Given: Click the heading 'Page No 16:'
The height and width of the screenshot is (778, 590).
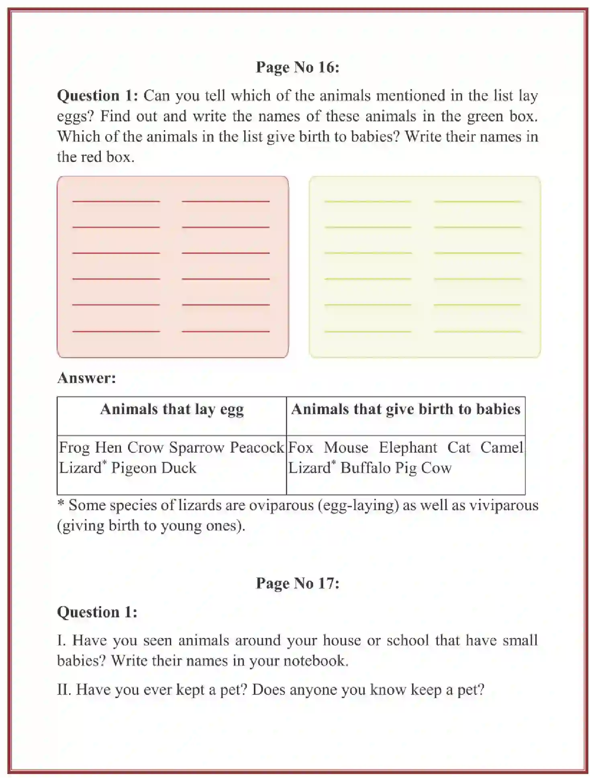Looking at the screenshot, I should pyautogui.click(x=298, y=67).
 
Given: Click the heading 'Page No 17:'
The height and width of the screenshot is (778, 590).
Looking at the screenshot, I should pyautogui.click(x=298, y=583).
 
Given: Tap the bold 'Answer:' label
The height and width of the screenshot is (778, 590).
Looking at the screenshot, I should pyautogui.click(x=87, y=378).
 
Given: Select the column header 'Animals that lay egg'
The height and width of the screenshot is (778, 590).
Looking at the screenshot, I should pyautogui.click(x=172, y=409).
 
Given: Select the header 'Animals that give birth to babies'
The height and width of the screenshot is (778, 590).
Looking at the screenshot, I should pyautogui.click(x=406, y=409).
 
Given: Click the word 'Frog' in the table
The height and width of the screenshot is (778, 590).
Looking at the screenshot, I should pyautogui.click(x=74, y=447).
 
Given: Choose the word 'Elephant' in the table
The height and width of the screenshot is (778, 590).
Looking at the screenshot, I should pyautogui.click(x=408, y=447).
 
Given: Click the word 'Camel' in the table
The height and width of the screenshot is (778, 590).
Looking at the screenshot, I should pyautogui.click(x=502, y=447).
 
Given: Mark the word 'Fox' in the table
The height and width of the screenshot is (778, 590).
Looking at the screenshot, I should pyautogui.click(x=300, y=447).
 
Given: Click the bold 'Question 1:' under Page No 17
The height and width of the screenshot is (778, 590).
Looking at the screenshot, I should pyautogui.click(x=97, y=612).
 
